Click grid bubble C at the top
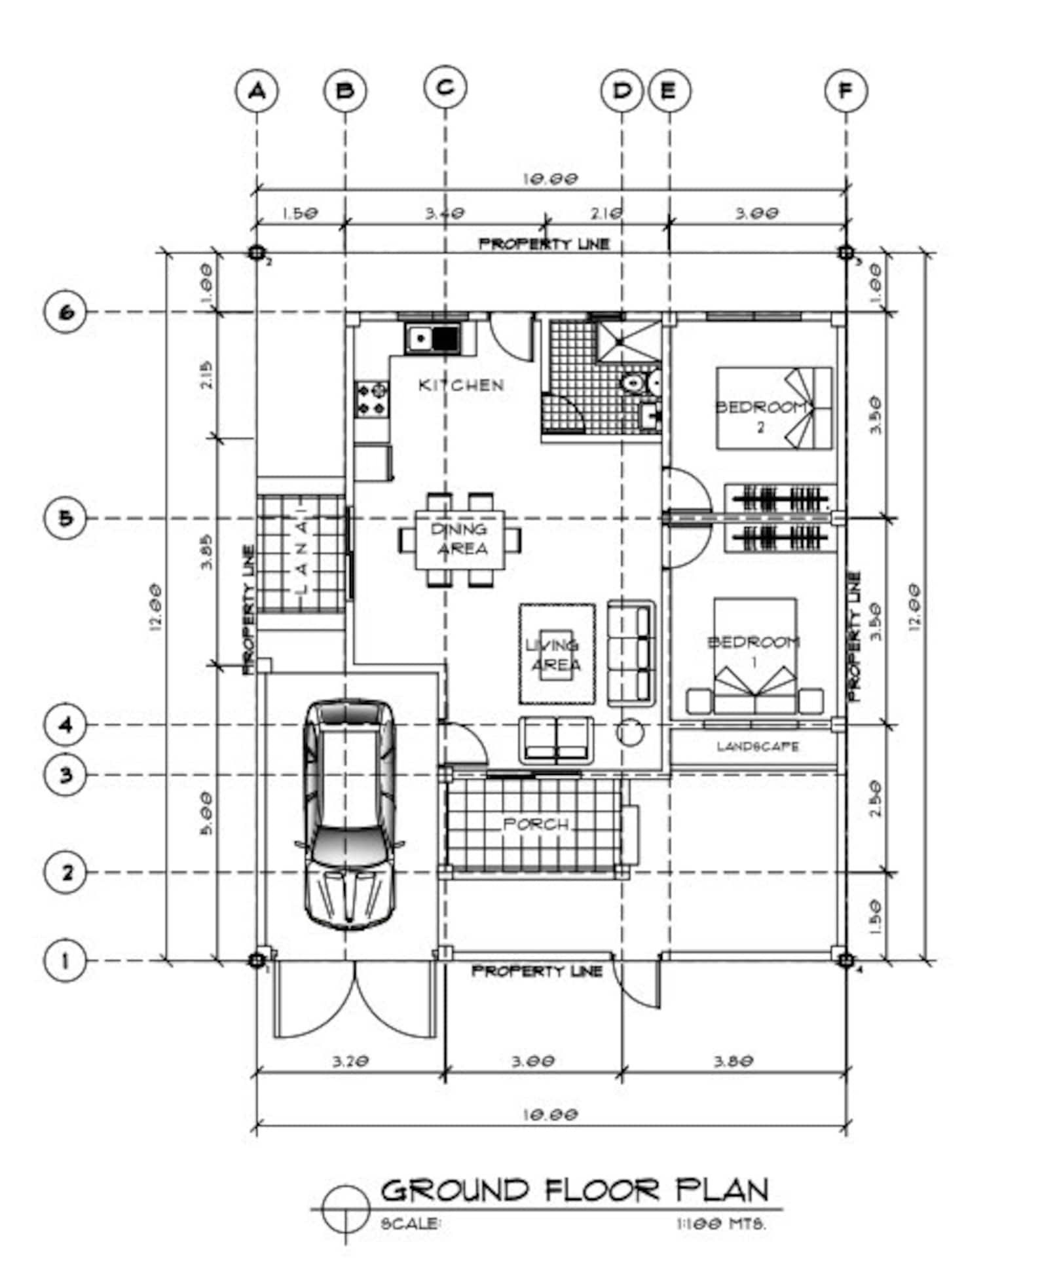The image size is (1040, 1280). click(445, 88)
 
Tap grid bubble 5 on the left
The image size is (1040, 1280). click(65, 518)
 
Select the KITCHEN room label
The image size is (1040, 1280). click(462, 385)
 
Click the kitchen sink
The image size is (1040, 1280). click(433, 339)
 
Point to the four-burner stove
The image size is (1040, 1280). click(372, 400)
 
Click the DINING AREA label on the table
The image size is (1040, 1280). click(460, 539)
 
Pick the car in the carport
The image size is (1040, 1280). click(349, 814)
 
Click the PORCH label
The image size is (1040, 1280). click(536, 825)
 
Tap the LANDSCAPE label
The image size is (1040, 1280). click(758, 746)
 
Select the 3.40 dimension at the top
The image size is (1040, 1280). click(445, 214)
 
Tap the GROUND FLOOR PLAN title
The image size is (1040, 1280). click(575, 1190)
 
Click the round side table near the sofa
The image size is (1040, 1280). click(629, 733)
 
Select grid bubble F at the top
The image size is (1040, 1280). click(845, 90)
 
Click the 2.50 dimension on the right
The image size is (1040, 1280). click(876, 799)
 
